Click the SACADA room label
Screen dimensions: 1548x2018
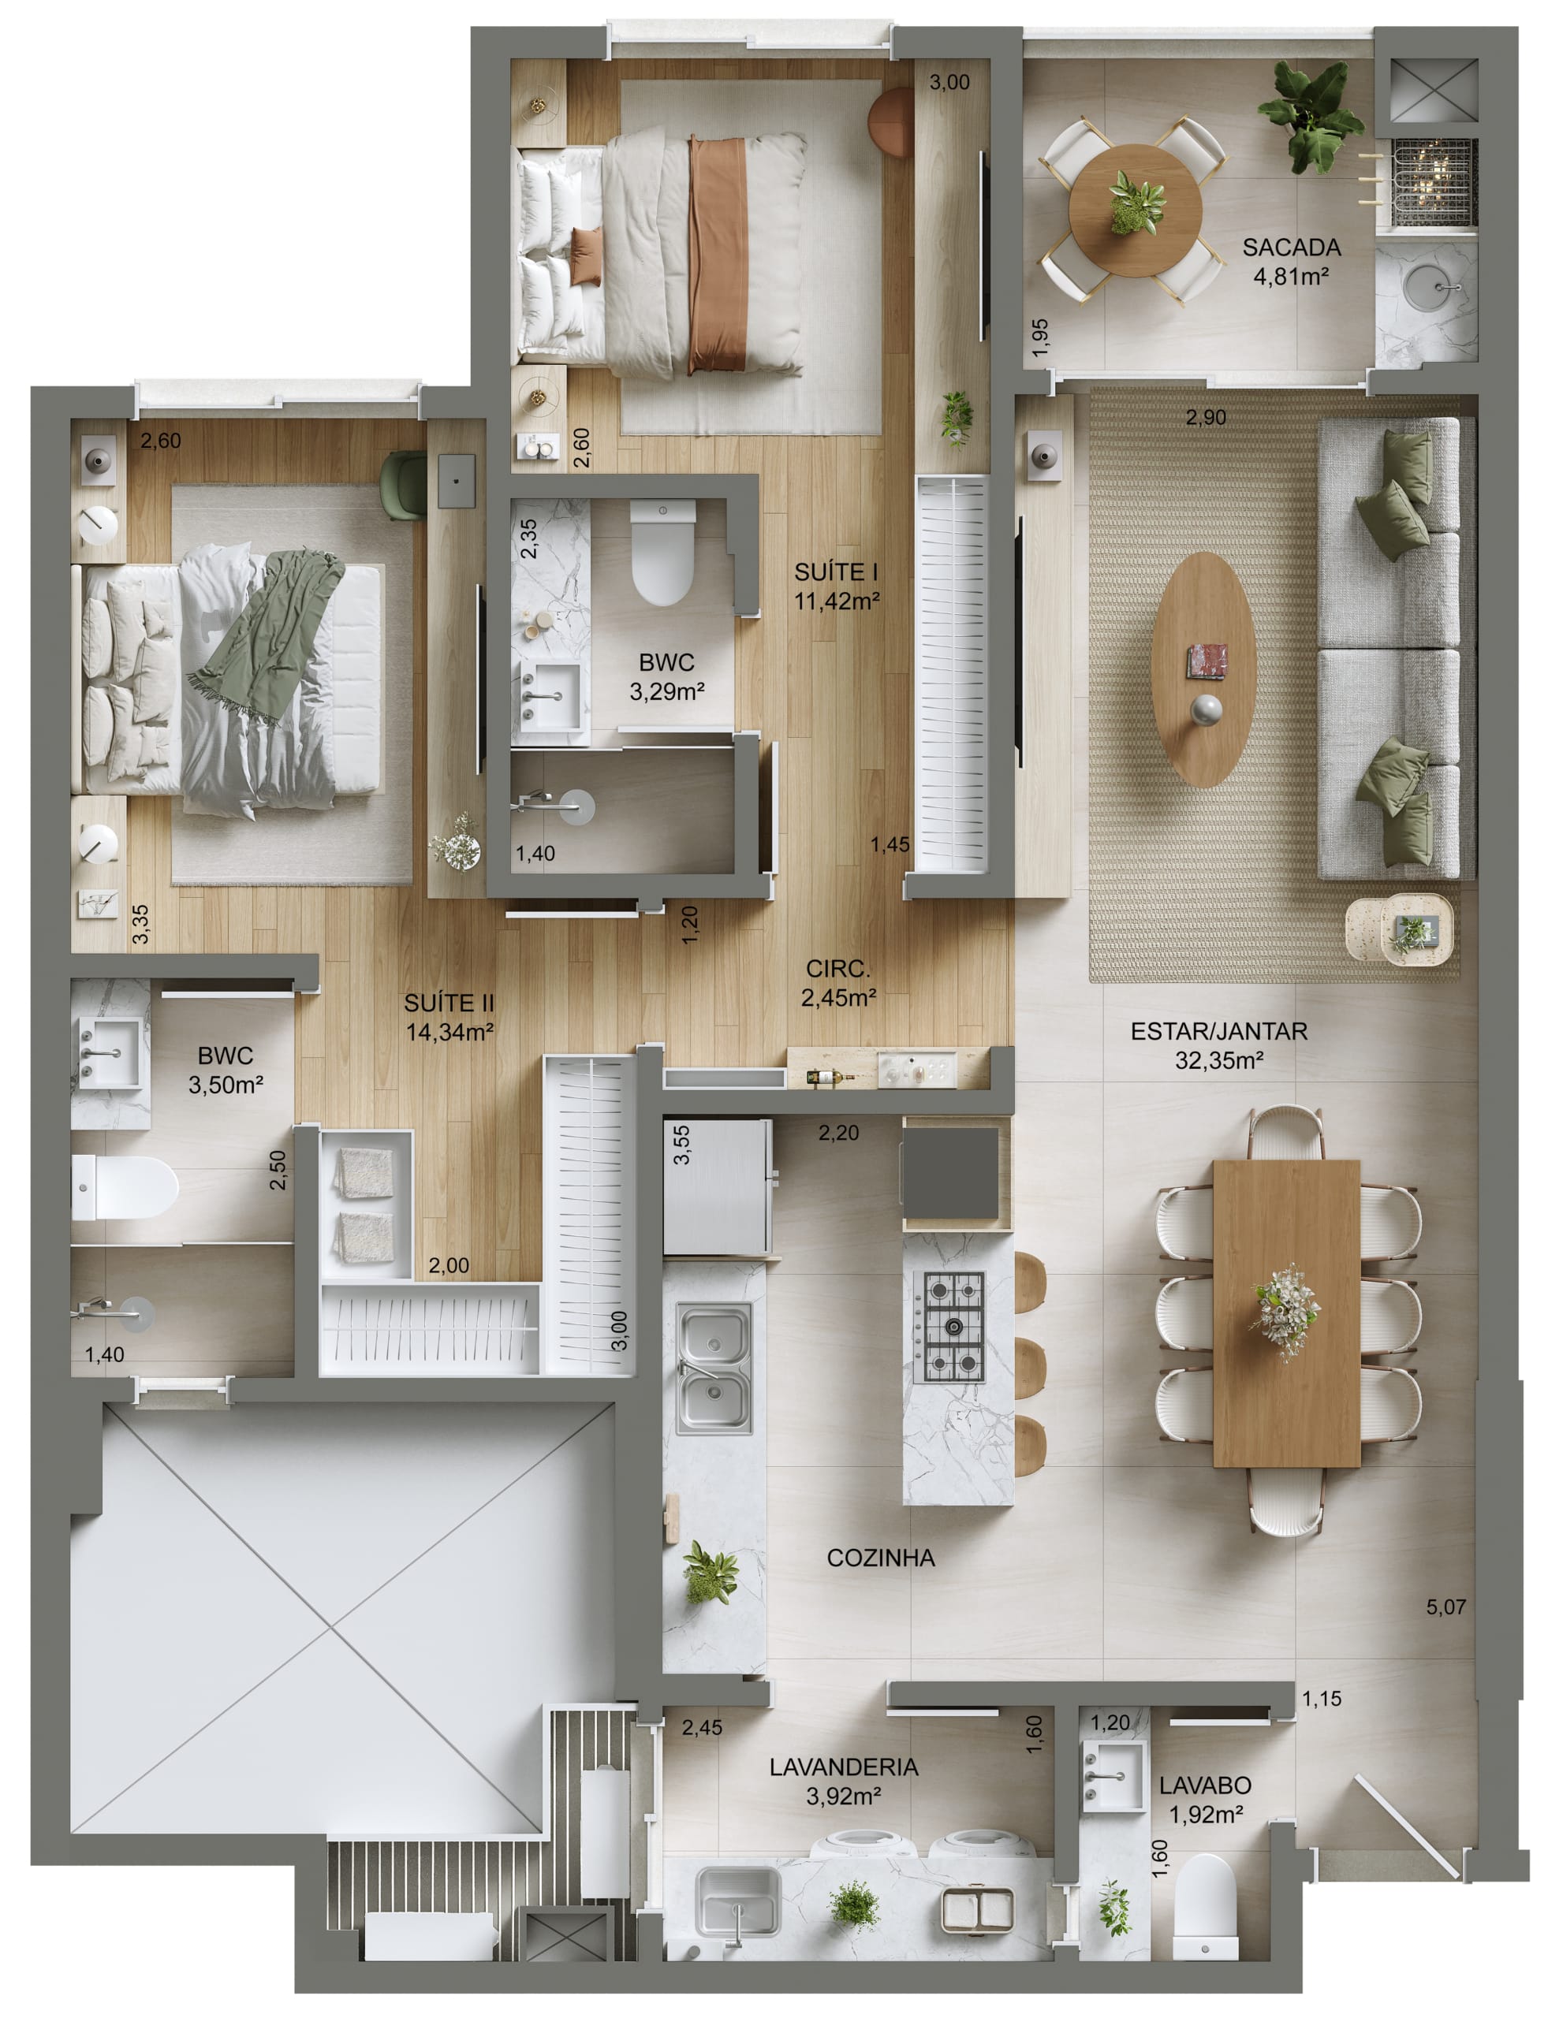click(1291, 247)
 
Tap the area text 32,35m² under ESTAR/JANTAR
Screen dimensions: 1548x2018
click(1218, 1060)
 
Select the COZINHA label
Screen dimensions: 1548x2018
click(880, 1558)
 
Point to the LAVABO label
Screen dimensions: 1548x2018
click(1205, 1785)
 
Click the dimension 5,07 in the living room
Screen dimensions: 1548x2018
click(1445, 1607)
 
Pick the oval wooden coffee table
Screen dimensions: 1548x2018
click(1204, 669)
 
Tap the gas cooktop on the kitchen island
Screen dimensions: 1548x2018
click(953, 1327)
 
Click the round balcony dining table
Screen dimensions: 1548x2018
click(1136, 210)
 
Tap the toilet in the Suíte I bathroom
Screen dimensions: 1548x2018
click(662, 551)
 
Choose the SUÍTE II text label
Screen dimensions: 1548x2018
click(449, 1003)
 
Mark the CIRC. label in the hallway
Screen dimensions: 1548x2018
click(837, 969)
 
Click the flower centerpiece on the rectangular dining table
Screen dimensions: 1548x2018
click(1286, 1312)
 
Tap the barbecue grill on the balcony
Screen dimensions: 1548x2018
click(1433, 181)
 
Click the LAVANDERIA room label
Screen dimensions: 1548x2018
click(844, 1767)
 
